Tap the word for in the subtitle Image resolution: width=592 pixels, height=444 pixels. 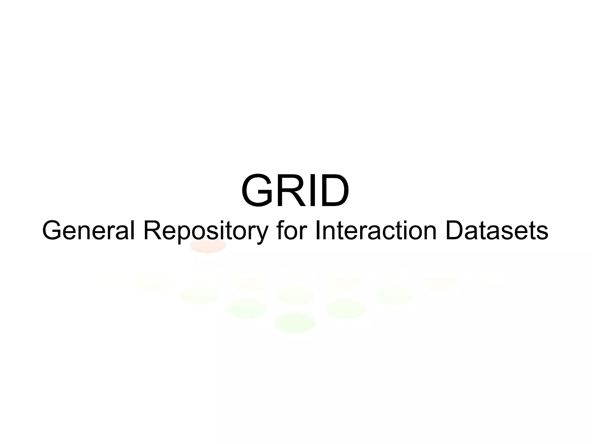291,231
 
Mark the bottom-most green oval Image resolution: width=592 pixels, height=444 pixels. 295,322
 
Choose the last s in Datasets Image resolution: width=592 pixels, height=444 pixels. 543,232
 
